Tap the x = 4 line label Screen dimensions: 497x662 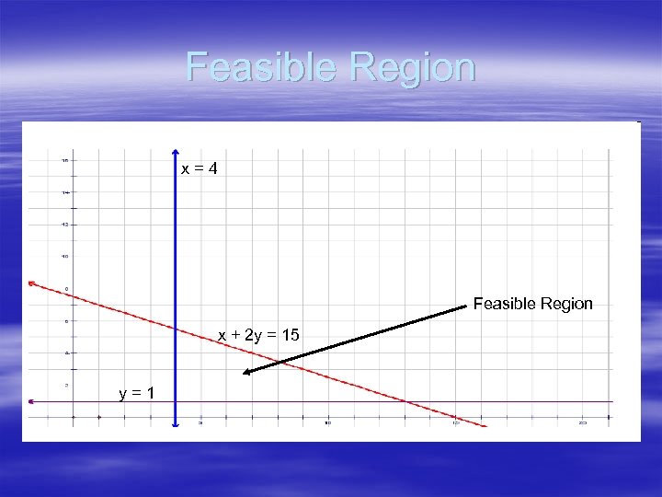pos(199,169)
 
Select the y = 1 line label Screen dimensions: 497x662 pos(136,394)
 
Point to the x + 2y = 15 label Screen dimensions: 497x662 pos(258,335)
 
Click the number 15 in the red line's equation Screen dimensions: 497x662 pos(291,335)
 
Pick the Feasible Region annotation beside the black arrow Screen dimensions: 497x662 pos(533,304)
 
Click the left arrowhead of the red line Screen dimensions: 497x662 pos(30,283)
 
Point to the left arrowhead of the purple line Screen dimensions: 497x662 pos(30,401)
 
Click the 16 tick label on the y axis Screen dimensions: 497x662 pos(64,160)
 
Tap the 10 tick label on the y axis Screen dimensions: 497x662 pos(64,256)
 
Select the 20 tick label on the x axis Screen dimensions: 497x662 pos(583,423)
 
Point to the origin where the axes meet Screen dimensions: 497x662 pos(74,417)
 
